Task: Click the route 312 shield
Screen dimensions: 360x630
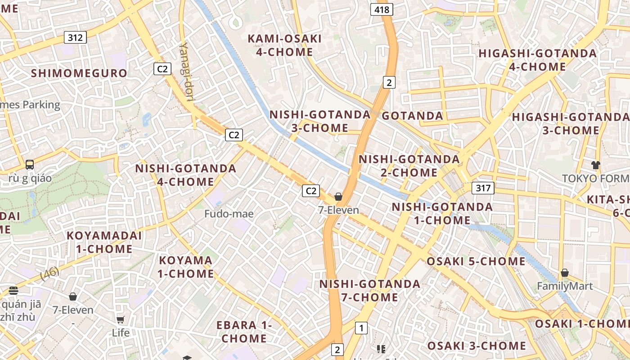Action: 75,37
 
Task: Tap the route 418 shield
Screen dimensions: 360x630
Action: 382,9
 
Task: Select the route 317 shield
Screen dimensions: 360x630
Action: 483,188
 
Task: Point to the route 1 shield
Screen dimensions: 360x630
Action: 361,328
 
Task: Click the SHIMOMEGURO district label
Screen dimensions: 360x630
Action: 79,73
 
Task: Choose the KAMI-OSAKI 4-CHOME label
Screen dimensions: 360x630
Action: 284,45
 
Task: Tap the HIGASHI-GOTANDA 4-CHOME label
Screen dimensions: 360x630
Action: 537,60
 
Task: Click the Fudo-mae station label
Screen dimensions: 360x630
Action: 229,214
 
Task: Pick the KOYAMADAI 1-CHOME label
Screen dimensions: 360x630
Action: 104,242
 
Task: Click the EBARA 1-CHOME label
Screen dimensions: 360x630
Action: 244,331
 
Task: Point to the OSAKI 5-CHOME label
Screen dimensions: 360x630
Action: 476,261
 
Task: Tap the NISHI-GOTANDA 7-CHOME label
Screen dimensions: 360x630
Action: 370,291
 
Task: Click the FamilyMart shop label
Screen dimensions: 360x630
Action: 565,286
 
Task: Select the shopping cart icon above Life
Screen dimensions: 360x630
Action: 120,319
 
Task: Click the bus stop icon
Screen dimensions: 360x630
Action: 30,165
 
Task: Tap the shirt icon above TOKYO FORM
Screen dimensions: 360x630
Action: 596,165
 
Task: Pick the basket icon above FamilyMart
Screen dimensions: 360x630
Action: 565,273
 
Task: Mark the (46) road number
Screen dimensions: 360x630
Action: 49,273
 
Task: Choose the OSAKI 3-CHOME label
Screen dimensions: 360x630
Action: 477,346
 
